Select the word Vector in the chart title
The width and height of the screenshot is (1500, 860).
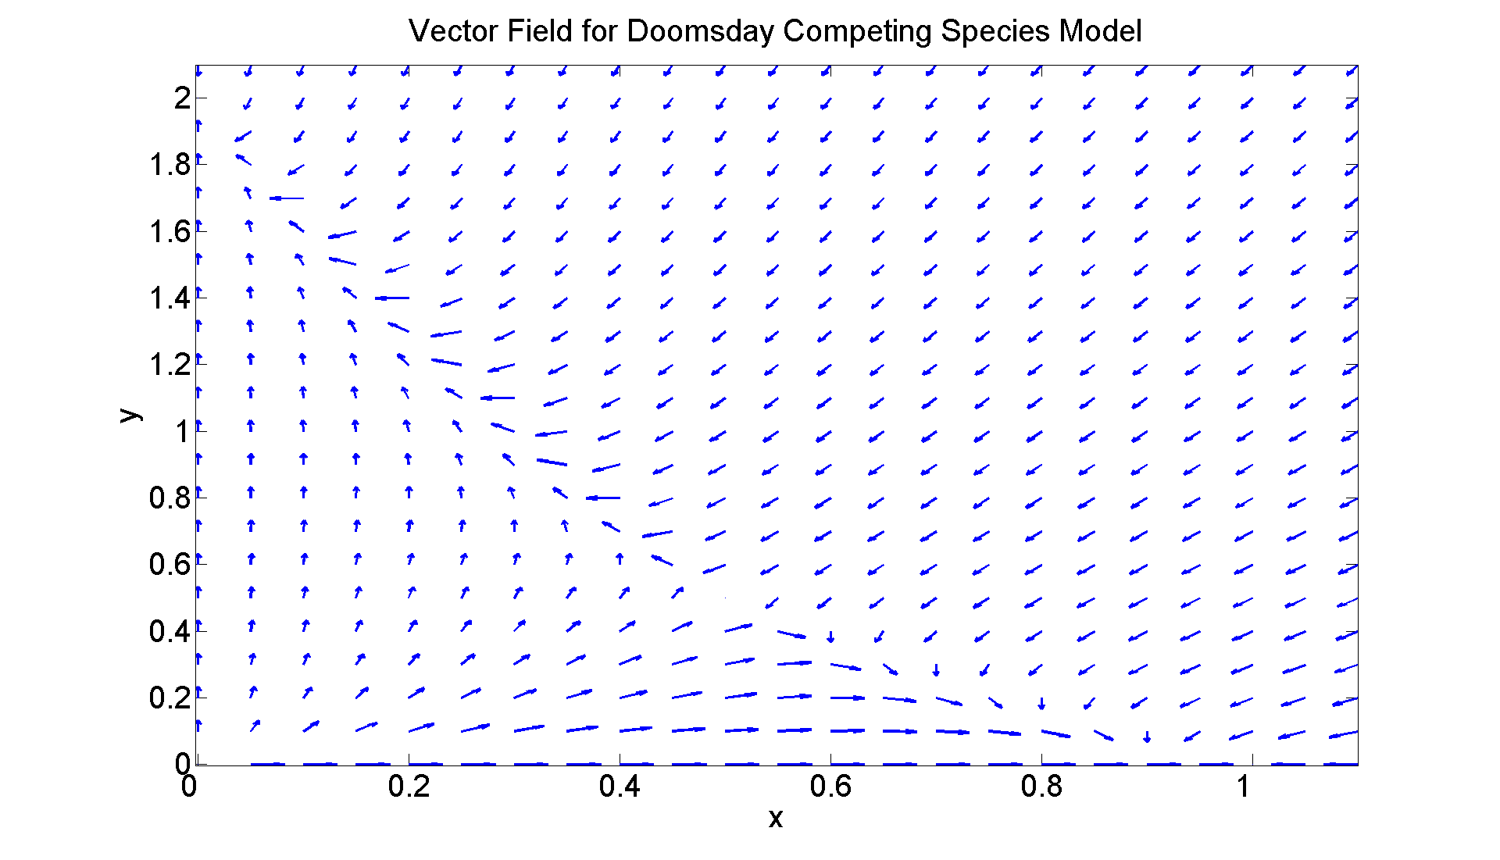453,31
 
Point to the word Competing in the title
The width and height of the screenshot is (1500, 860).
857,31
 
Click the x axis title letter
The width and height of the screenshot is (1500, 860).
775,818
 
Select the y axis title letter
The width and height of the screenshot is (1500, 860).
130,414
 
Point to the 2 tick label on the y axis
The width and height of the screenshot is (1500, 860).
182,98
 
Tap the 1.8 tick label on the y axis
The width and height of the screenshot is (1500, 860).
170,165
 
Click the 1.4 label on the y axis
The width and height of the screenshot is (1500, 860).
170,298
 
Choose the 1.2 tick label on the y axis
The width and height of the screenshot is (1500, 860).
170,365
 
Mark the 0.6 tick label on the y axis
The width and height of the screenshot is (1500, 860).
170,564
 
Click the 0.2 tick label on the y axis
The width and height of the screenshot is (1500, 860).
170,698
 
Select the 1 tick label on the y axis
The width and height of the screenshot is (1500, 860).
182,431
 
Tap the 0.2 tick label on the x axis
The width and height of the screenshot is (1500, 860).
409,787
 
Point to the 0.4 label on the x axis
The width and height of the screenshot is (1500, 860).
620,787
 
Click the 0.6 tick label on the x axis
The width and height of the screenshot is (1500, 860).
830,787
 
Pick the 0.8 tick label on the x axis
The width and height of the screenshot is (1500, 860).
1041,787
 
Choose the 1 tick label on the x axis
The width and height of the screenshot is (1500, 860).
1244,787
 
